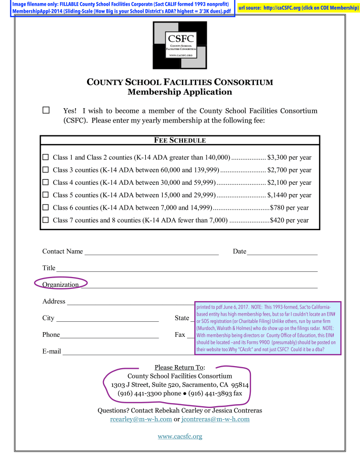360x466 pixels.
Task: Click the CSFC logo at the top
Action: (180, 45)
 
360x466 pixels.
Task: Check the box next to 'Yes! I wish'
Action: (46, 110)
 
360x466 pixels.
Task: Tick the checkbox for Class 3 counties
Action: (45, 169)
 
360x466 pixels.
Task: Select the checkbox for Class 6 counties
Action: (45, 207)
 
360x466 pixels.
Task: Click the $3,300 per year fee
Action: (289, 158)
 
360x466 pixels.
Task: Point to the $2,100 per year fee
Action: (289, 183)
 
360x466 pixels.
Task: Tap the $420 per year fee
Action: (289, 220)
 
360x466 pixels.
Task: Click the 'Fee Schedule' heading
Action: (180, 141)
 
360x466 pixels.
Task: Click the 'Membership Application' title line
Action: (180, 92)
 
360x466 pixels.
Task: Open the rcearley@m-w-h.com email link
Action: (141, 419)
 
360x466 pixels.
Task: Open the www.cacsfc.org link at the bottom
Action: (180, 437)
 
